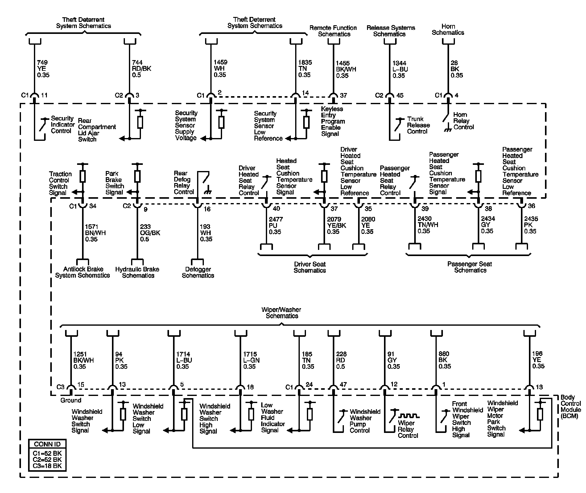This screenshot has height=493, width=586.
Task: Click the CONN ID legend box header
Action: click(x=47, y=444)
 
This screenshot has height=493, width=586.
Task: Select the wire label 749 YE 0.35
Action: click(x=43, y=68)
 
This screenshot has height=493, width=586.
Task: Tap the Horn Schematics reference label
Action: click(x=448, y=30)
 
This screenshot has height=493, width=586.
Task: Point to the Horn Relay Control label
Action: click(x=463, y=121)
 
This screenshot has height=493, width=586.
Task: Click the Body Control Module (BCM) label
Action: click(x=570, y=407)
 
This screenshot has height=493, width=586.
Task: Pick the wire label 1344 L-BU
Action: click(x=400, y=69)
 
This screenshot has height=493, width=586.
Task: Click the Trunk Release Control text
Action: click(x=418, y=125)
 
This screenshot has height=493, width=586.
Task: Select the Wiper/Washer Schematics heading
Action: click(x=281, y=312)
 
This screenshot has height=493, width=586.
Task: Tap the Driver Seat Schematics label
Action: click(x=310, y=267)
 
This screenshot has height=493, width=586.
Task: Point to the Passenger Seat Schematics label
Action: click(x=470, y=267)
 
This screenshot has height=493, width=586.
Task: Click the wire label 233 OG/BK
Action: click(x=150, y=233)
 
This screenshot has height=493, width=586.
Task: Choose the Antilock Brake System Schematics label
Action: click(x=83, y=272)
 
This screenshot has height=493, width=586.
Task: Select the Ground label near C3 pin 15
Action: click(x=71, y=400)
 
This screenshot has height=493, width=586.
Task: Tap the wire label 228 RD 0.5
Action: click(x=341, y=360)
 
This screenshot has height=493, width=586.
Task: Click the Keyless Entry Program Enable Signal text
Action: click(x=333, y=121)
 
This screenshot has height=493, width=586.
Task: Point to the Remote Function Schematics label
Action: click(x=333, y=31)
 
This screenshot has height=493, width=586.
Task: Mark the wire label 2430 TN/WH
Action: click(x=427, y=225)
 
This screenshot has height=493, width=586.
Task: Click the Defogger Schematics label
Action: click(x=198, y=272)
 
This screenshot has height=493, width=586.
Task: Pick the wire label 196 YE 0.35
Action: click(x=538, y=360)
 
